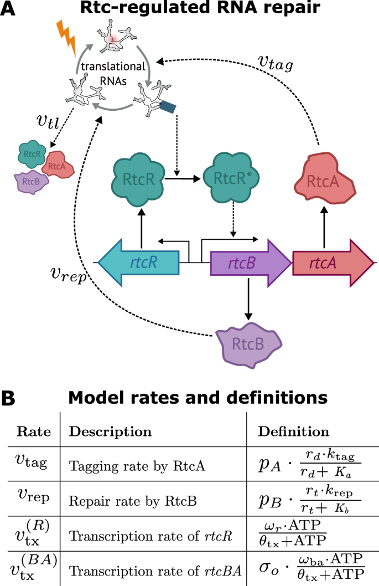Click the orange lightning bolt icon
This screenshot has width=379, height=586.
tap(67, 38)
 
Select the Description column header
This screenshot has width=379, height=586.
tap(111, 431)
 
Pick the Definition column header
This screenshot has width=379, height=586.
tap(294, 431)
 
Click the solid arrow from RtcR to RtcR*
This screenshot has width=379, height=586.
tap(182, 179)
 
